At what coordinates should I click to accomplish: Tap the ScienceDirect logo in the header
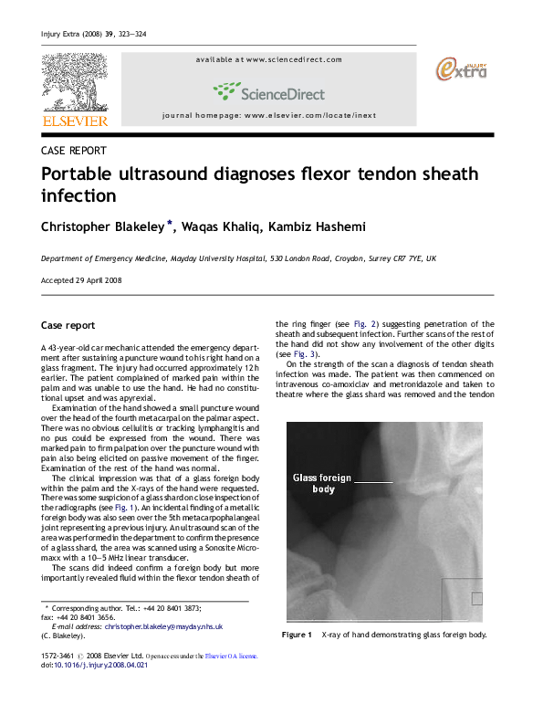tap(268, 90)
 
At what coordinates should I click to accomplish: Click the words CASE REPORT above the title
tap(74, 151)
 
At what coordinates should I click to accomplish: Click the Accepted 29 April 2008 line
tap(83, 280)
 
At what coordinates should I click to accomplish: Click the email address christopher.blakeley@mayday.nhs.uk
tap(164, 626)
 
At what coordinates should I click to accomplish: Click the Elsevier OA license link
tap(232, 656)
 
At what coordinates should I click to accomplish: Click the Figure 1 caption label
tap(298, 635)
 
